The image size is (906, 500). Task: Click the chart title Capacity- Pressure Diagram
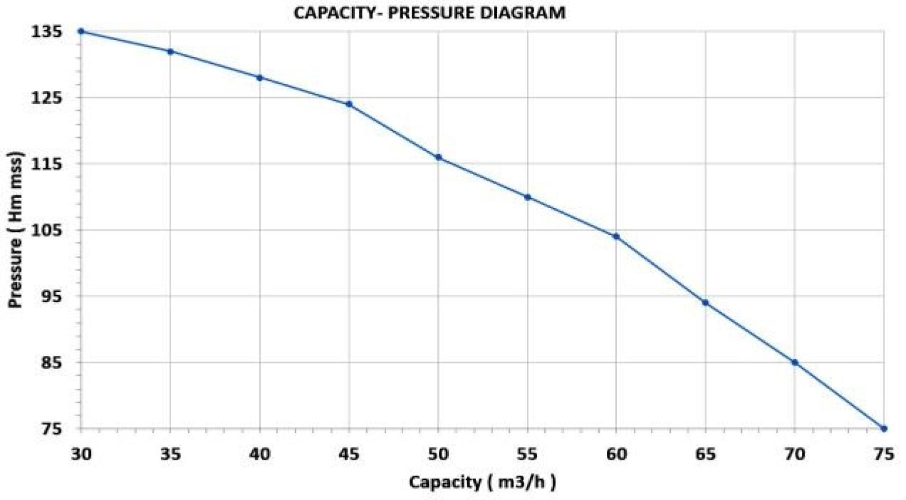click(429, 12)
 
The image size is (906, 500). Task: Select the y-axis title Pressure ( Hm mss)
click(16, 229)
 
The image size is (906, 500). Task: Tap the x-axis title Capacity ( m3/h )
click(482, 482)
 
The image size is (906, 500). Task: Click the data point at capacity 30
click(81, 31)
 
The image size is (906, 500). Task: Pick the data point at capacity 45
click(349, 104)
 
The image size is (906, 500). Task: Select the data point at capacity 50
click(438, 157)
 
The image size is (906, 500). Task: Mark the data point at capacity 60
click(616, 236)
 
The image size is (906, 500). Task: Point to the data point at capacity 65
click(705, 303)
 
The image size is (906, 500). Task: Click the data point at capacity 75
click(884, 428)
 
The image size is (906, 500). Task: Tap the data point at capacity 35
click(171, 51)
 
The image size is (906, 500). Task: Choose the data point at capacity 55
click(527, 197)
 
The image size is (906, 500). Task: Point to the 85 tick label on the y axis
click(52, 362)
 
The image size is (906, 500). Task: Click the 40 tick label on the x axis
click(260, 454)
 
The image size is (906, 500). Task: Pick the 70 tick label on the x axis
click(794, 454)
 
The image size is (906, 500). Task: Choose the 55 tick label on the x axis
click(527, 454)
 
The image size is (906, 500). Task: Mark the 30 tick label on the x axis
click(81, 454)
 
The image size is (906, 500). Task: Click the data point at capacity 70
click(794, 362)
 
